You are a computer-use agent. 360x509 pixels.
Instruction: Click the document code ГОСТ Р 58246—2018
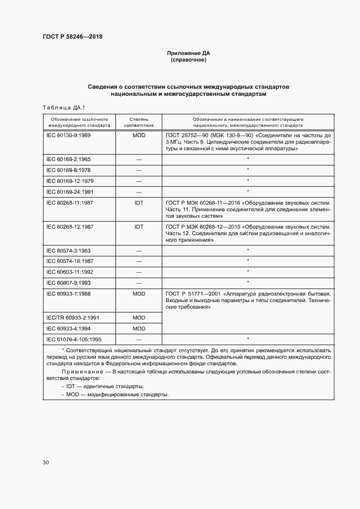click(x=72, y=36)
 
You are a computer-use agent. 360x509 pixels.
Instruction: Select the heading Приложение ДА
click(x=188, y=53)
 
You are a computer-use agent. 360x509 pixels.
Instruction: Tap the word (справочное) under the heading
click(x=188, y=60)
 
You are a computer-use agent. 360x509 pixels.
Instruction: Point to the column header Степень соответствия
click(x=138, y=121)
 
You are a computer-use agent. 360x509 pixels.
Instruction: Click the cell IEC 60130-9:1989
click(x=69, y=134)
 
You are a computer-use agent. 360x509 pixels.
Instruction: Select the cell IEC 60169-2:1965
click(x=69, y=160)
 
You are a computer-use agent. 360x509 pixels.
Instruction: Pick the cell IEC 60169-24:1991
click(x=70, y=191)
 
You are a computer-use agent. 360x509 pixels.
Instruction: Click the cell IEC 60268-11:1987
click(x=70, y=202)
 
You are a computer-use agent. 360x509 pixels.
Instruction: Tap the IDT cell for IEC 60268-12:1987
click(x=138, y=226)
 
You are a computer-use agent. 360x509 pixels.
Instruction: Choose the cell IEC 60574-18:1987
click(x=70, y=261)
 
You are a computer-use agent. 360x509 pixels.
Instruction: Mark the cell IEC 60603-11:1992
click(x=70, y=272)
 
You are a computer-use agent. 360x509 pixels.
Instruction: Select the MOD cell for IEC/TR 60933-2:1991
click(x=138, y=317)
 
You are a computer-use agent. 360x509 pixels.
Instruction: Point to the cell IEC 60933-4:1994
click(x=69, y=328)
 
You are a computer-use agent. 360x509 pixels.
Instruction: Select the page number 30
click(x=46, y=462)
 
